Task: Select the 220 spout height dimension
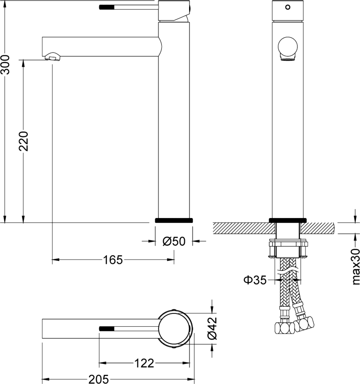coord(24,141)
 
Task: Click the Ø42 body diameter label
coord(212,330)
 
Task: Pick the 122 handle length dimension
coord(144,364)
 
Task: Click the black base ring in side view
coord(174,220)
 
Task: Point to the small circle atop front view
coord(287,7)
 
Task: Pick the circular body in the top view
coord(175,329)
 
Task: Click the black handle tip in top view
coord(107,329)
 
